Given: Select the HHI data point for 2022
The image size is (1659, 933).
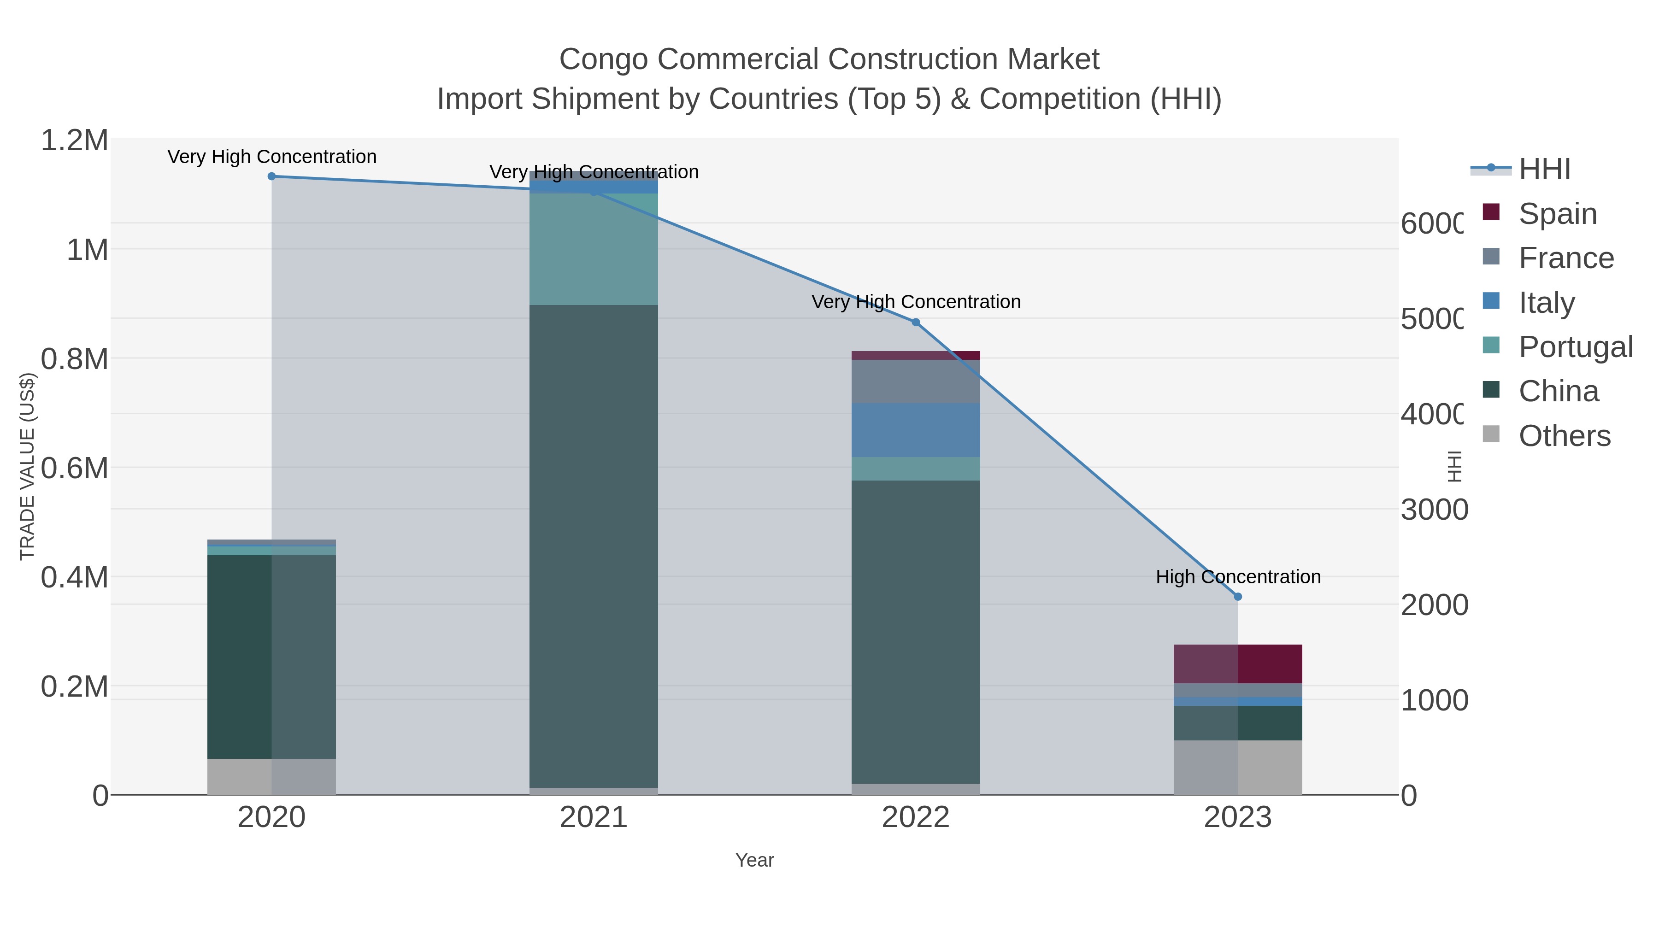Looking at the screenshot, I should [x=916, y=322].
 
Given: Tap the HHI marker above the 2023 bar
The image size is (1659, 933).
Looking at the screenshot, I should [x=1237, y=597].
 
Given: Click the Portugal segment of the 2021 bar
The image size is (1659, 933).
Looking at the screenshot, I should [x=593, y=249].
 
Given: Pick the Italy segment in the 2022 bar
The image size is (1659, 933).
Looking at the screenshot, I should [x=915, y=430].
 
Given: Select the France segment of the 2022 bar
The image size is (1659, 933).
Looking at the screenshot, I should [x=915, y=381].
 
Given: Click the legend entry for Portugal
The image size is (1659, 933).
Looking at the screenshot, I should [x=1575, y=347].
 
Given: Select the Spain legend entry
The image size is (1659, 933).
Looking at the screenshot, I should [x=1557, y=214].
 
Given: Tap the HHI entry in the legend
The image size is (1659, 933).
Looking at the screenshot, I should [x=1544, y=170].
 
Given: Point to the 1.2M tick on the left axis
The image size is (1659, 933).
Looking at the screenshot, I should [x=75, y=141].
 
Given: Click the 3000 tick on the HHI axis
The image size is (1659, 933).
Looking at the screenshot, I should [x=1434, y=509].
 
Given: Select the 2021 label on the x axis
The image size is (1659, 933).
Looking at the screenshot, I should [x=593, y=818].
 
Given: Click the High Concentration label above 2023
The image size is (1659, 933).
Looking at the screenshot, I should [x=1237, y=577].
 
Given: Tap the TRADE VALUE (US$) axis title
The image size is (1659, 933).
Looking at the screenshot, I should [x=27, y=466].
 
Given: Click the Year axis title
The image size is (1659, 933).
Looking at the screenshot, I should [x=754, y=860].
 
